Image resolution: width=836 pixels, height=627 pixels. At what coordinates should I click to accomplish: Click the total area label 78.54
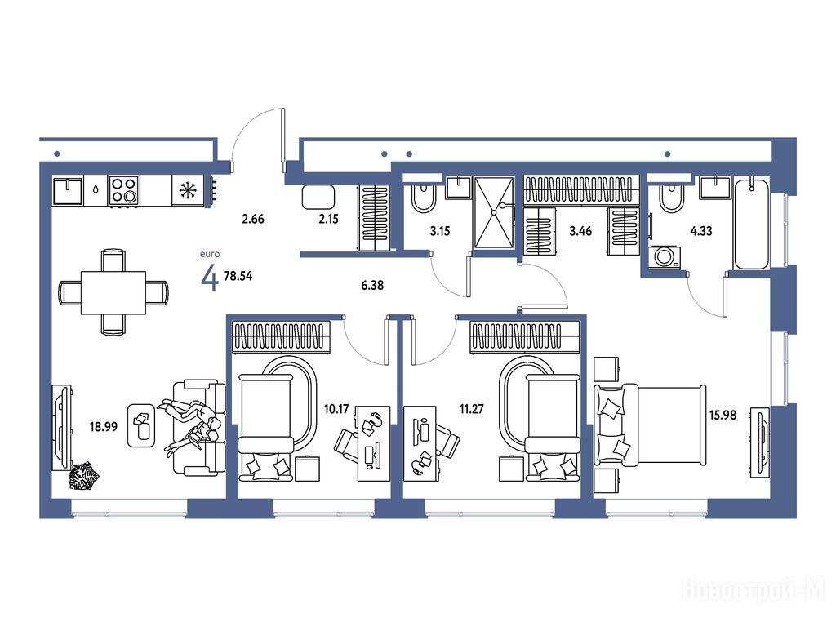point(238,276)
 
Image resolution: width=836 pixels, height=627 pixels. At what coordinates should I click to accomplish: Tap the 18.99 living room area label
point(104,426)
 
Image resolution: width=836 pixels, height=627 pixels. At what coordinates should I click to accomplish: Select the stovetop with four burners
point(124,190)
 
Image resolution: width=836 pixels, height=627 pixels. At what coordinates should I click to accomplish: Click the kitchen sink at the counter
point(68,190)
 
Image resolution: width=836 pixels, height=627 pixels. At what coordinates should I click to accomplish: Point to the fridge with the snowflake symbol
point(188,190)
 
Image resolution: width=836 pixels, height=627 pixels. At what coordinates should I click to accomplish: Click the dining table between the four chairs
point(113,293)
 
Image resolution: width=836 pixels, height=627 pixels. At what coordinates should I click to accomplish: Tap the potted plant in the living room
point(84,475)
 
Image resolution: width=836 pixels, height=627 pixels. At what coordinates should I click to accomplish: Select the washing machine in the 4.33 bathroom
point(665,256)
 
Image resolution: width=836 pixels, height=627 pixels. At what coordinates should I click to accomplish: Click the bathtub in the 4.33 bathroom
point(752,224)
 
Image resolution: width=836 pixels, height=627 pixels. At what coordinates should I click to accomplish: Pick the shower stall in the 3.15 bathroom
point(494,212)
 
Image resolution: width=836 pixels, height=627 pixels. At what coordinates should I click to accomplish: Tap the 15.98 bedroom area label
point(723,415)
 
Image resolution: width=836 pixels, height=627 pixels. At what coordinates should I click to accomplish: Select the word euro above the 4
point(210,254)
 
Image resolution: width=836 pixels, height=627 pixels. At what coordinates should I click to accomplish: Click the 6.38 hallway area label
point(372,285)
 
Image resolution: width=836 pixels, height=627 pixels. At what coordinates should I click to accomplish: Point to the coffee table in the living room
point(141,425)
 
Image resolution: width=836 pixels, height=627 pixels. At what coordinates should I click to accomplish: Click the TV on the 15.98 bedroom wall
point(760,442)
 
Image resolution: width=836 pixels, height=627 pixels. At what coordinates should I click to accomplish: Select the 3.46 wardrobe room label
point(580,231)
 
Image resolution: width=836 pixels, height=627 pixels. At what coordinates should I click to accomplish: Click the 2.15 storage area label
point(328,219)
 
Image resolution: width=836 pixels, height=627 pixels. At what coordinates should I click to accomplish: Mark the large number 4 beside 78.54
point(210,278)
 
